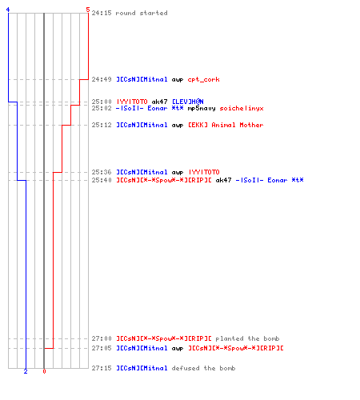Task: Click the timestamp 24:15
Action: click(102, 13)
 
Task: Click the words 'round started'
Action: click(142, 13)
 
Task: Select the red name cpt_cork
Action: click(204, 79)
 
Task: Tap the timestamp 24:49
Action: click(102, 79)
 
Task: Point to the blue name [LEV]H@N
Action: click(188, 102)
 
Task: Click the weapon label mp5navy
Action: click(202, 108)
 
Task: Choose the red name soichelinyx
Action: click(242, 108)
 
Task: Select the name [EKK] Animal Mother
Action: click(226, 125)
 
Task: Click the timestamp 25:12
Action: click(102, 125)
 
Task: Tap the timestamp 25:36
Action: click(102, 172)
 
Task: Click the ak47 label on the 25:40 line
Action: click(223, 180)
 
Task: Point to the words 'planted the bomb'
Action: click(247, 338)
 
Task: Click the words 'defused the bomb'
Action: click(204, 368)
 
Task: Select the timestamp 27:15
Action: click(102, 368)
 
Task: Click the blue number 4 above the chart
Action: click(8, 10)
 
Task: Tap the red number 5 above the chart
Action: click(88, 10)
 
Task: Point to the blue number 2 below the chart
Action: click(26, 371)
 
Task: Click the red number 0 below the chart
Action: click(44, 371)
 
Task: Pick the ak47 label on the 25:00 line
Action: click(159, 102)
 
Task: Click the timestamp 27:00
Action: click(102, 338)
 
